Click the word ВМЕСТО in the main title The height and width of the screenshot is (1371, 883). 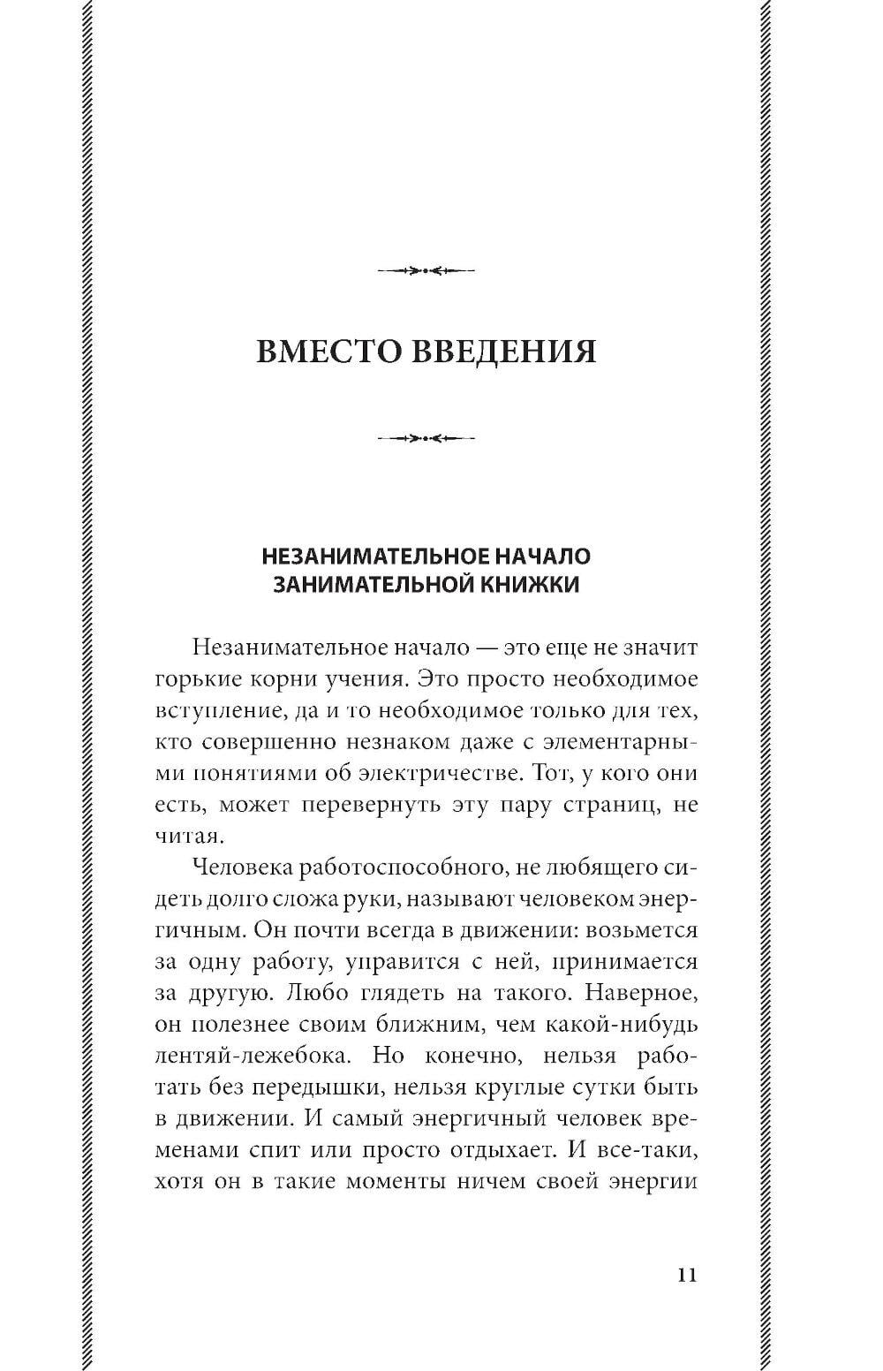326,352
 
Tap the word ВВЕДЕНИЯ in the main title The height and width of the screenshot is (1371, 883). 501,352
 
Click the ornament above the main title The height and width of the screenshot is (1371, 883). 426,270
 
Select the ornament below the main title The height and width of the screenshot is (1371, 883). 426,437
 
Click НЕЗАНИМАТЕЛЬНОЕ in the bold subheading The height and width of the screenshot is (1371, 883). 367,557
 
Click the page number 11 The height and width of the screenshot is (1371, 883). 688,1275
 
